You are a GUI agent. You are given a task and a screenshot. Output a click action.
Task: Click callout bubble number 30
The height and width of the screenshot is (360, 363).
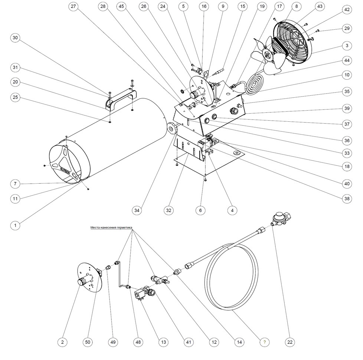point(15,38)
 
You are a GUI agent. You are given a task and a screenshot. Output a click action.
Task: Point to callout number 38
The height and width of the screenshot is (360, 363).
point(347,199)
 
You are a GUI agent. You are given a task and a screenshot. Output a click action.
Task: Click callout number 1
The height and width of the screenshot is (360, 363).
point(15,225)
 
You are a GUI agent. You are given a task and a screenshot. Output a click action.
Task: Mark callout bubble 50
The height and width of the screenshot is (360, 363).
point(88,341)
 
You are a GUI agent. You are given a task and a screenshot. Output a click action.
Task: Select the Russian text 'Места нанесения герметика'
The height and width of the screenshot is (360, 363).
point(111,228)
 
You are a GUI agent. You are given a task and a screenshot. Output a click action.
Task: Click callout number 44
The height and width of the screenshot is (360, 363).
point(347,60)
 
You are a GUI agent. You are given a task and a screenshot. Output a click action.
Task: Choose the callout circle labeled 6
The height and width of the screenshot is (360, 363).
point(200,210)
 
